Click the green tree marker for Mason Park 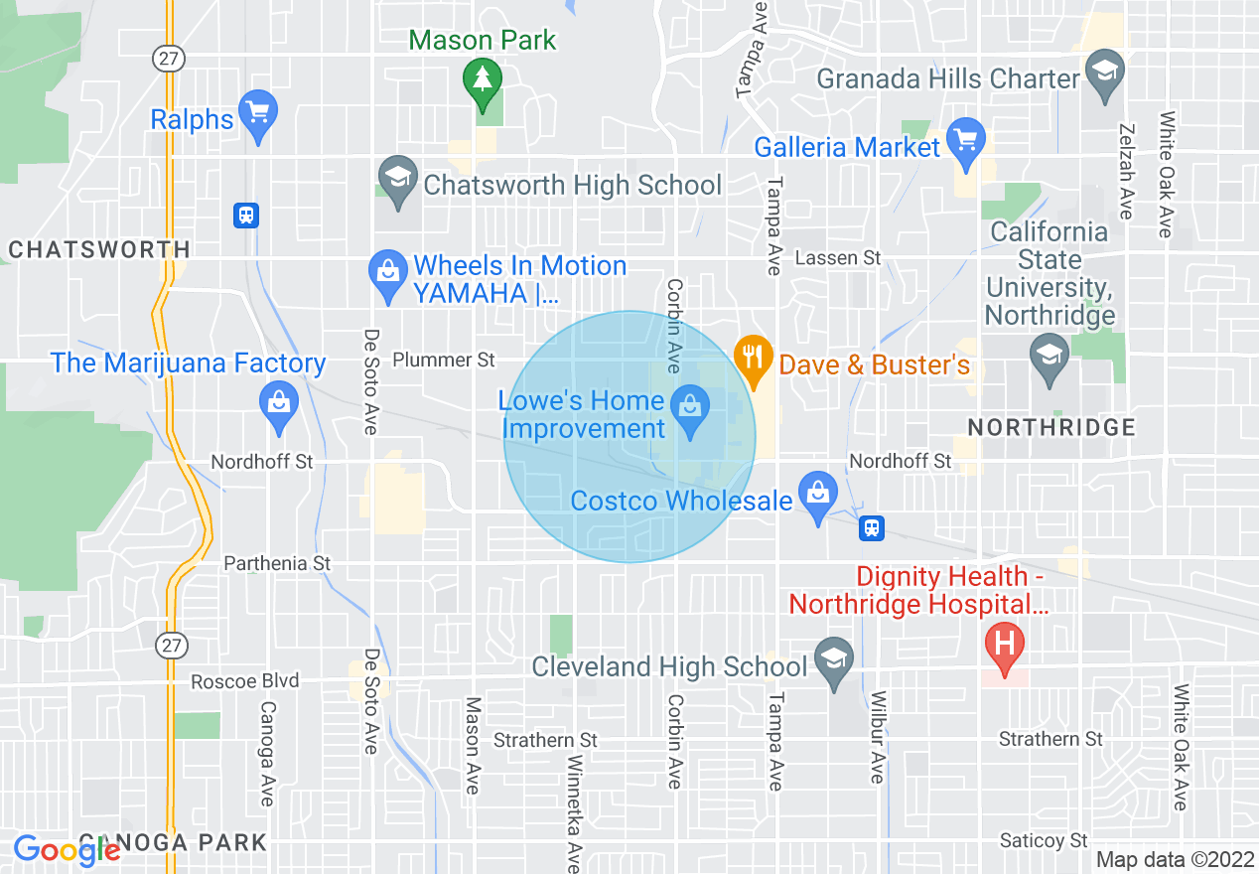pyautogui.click(x=483, y=79)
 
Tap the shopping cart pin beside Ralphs pyautogui.click(x=258, y=111)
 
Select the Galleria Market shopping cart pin pyautogui.click(x=965, y=139)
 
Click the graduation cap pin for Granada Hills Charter pyautogui.click(x=1103, y=73)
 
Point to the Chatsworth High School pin pyautogui.click(x=397, y=180)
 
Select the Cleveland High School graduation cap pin pyautogui.click(x=834, y=659)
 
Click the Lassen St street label pyautogui.click(x=838, y=258)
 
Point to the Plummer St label pyautogui.click(x=444, y=360)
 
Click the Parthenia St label pyautogui.click(x=277, y=563)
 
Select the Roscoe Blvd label pyautogui.click(x=244, y=681)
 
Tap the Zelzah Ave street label pyautogui.click(x=1126, y=171)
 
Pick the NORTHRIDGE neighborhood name pyautogui.click(x=1051, y=428)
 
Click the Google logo pyautogui.click(x=67, y=850)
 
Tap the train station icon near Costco pyautogui.click(x=872, y=528)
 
